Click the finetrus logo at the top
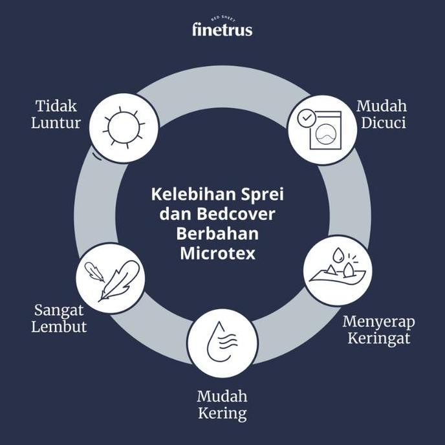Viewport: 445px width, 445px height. click(222, 29)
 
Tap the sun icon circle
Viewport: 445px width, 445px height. click(123, 127)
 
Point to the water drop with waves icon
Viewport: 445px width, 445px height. click(222, 343)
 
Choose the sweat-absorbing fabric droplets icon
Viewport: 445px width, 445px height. click(336, 270)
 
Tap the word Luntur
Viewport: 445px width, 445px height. click(56, 122)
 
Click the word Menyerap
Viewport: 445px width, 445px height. click(379, 321)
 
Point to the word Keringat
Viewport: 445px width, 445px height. click(379, 338)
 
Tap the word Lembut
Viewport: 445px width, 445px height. click(59, 327)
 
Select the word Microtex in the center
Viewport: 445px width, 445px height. click(218, 253)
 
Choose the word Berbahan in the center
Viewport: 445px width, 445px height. click(218, 233)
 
